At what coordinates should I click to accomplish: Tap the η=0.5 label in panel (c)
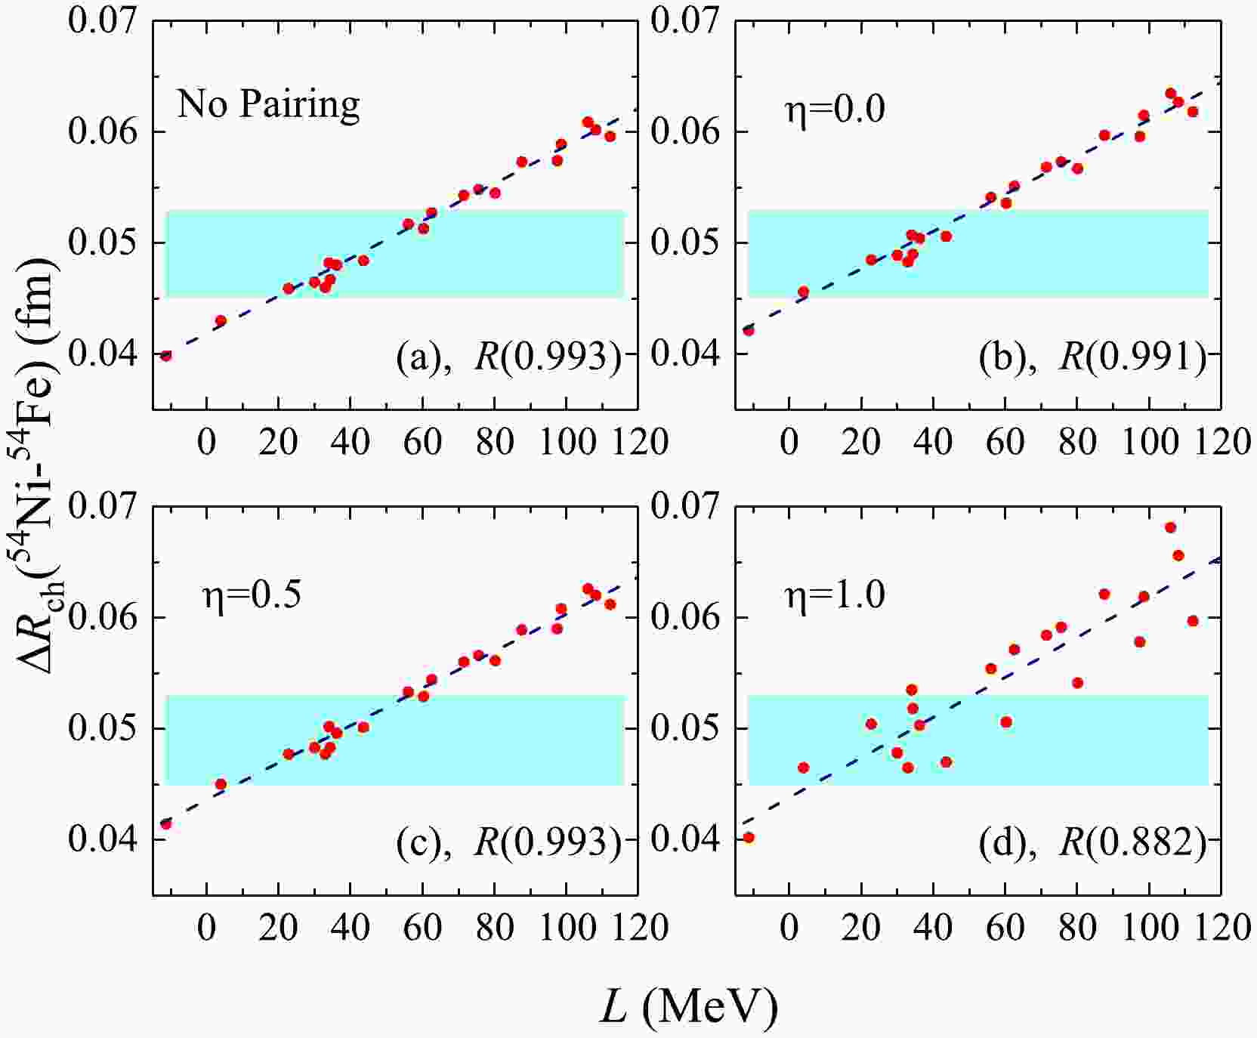[x=252, y=595]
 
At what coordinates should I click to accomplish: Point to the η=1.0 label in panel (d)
[x=834, y=595]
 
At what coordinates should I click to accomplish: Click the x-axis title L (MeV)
[x=688, y=1006]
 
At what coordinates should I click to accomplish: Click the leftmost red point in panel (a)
[x=166, y=355]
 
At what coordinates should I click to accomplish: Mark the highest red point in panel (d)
[x=1170, y=527]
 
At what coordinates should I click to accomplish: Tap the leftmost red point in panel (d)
[x=749, y=837]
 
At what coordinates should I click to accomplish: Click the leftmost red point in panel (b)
[x=749, y=330]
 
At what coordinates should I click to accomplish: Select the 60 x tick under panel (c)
[x=423, y=927]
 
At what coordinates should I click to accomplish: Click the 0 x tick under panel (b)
[x=789, y=441]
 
